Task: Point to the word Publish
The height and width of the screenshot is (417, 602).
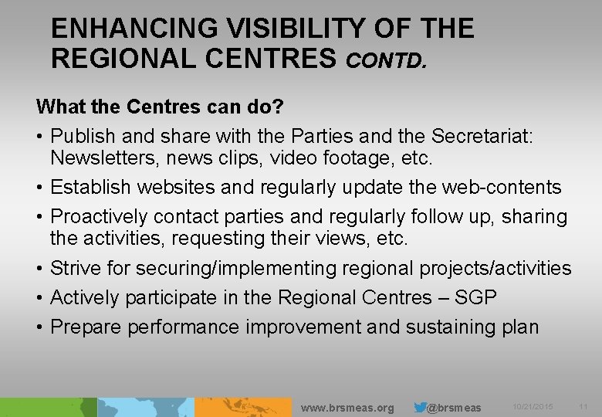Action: [x=83, y=136]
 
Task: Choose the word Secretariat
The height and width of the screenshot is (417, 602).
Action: [x=486, y=136]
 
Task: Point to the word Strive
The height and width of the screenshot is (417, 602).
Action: [x=74, y=269]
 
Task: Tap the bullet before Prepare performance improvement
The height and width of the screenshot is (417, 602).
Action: [x=39, y=327]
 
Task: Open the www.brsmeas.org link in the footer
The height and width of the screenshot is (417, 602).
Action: [x=347, y=408]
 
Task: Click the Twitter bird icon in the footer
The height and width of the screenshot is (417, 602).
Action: [x=420, y=407]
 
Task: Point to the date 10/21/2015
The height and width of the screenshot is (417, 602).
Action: [x=533, y=407]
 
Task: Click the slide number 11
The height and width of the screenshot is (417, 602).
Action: [x=583, y=407]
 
